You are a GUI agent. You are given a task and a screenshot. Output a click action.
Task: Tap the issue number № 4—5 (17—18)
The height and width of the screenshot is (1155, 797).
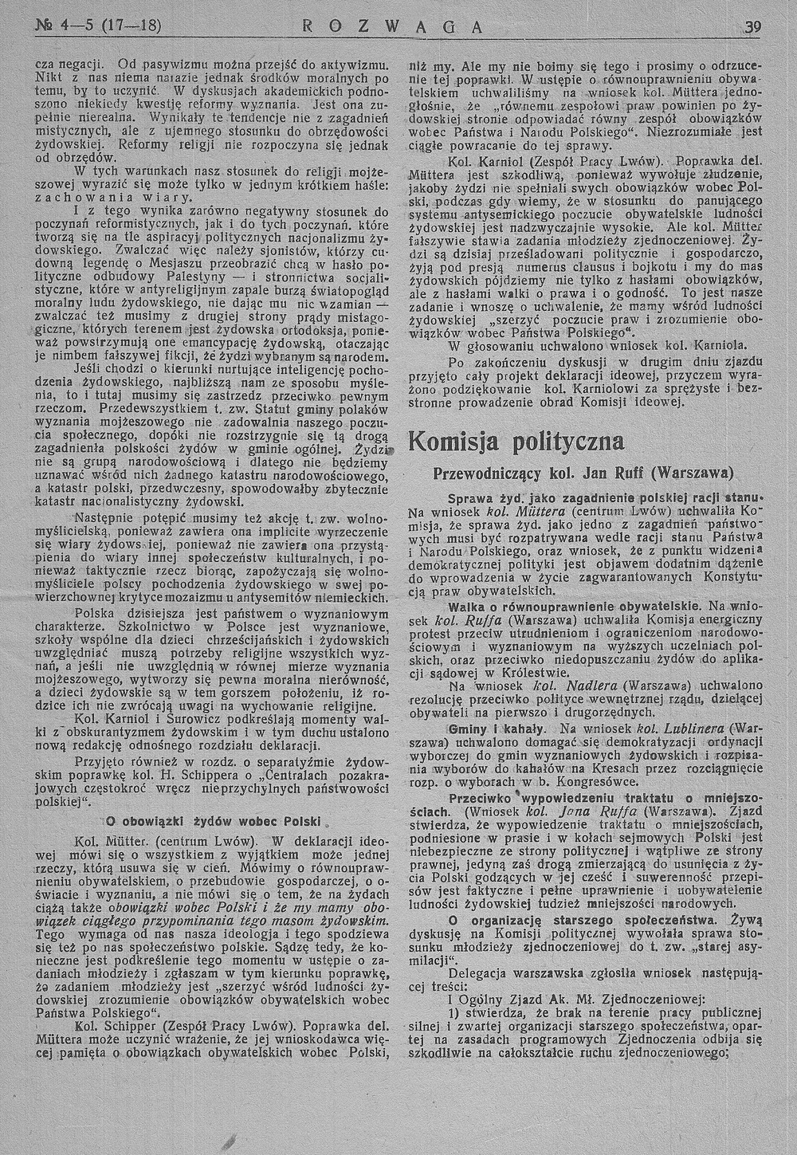point(99,26)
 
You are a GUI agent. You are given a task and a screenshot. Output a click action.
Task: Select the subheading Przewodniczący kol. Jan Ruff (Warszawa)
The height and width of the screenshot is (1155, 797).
point(583,473)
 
